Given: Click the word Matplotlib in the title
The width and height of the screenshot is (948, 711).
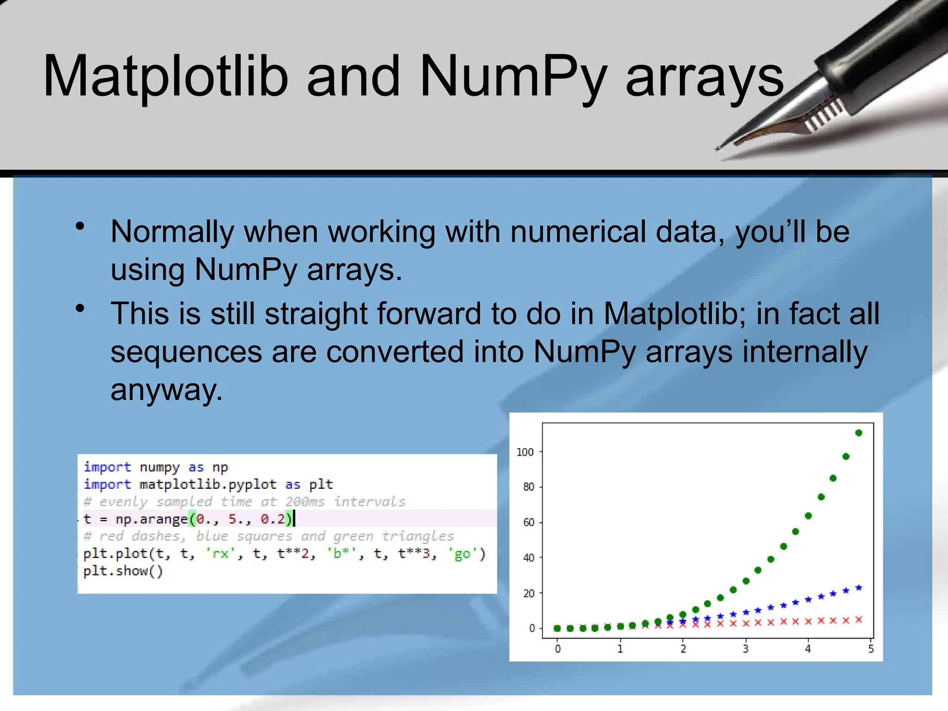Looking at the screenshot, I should (x=166, y=76).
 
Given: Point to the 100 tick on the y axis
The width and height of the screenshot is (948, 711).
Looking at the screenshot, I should (x=525, y=452).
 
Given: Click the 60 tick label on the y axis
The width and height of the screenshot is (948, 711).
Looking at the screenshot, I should (x=528, y=523).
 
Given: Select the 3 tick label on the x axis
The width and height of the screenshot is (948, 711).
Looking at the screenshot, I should (x=746, y=649).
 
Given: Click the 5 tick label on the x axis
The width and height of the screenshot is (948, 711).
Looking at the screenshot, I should (x=871, y=649).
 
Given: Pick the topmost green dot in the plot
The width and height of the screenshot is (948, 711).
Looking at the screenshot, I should (x=859, y=433).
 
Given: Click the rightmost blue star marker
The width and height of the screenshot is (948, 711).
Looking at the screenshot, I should (x=859, y=588).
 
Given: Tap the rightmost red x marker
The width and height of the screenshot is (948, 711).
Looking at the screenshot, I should (x=859, y=620).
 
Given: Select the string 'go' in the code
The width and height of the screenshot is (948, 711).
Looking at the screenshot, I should (x=462, y=554).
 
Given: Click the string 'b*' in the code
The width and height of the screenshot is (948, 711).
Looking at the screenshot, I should (x=342, y=554).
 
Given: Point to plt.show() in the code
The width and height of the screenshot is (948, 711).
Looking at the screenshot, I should (x=123, y=571).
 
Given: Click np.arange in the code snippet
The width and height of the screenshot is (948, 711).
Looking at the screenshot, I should (x=151, y=519).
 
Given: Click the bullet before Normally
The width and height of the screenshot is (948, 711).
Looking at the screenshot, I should (x=81, y=226).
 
